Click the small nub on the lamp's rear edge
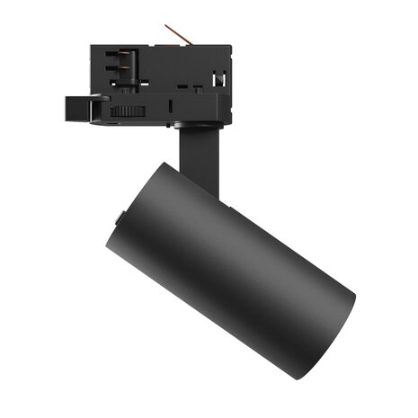pos(120,217)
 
